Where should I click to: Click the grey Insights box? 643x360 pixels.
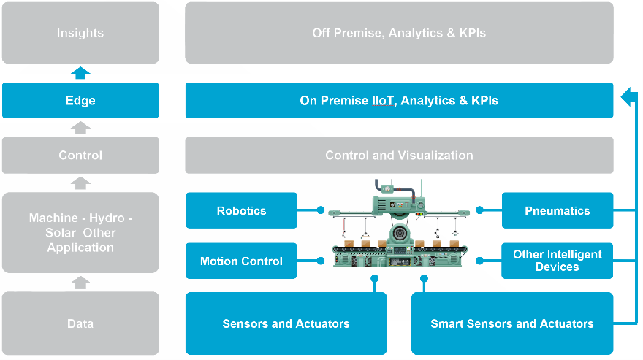(x=80, y=33)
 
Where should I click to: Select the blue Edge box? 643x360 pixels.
(x=80, y=101)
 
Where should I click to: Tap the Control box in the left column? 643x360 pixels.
(x=80, y=155)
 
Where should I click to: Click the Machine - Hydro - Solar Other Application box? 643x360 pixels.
(x=80, y=232)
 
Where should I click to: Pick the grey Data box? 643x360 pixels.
(x=80, y=323)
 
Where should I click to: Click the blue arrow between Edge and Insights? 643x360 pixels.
(x=80, y=72)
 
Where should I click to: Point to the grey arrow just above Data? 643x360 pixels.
(x=80, y=282)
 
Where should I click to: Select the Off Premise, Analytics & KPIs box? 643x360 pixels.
(x=399, y=33)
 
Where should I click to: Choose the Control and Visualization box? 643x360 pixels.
(x=399, y=155)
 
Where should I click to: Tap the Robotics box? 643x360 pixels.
(x=241, y=210)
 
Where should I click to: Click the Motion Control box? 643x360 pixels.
(x=241, y=261)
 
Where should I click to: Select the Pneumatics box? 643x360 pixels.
(x=557, y=210)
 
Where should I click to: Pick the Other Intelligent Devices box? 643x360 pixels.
(x=557, y=261)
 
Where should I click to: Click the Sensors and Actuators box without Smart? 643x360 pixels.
(x=286, y=323)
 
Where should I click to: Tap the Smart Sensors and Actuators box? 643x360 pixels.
(x=511, y=323)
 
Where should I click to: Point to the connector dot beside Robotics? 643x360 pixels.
(x=320, y=210)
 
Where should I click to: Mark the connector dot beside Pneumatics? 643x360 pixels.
(x=479, y=210)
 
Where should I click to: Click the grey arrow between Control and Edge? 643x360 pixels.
(x=80, y=128)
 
